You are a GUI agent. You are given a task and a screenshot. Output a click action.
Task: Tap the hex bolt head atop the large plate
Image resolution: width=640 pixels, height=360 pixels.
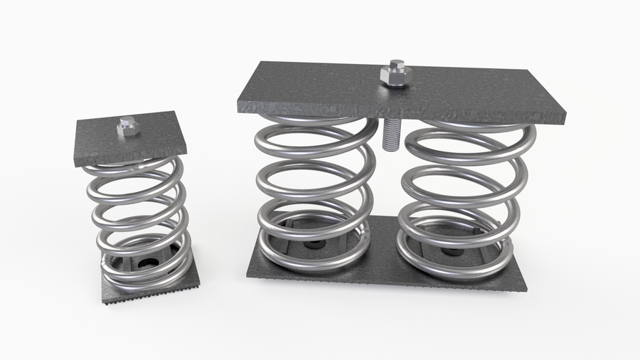tap(395, 73)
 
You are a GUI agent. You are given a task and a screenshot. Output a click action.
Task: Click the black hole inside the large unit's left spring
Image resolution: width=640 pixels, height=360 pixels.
tap(313, 244)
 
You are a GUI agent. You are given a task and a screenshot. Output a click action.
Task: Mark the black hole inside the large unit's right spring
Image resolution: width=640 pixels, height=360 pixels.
tap(449, 251)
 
